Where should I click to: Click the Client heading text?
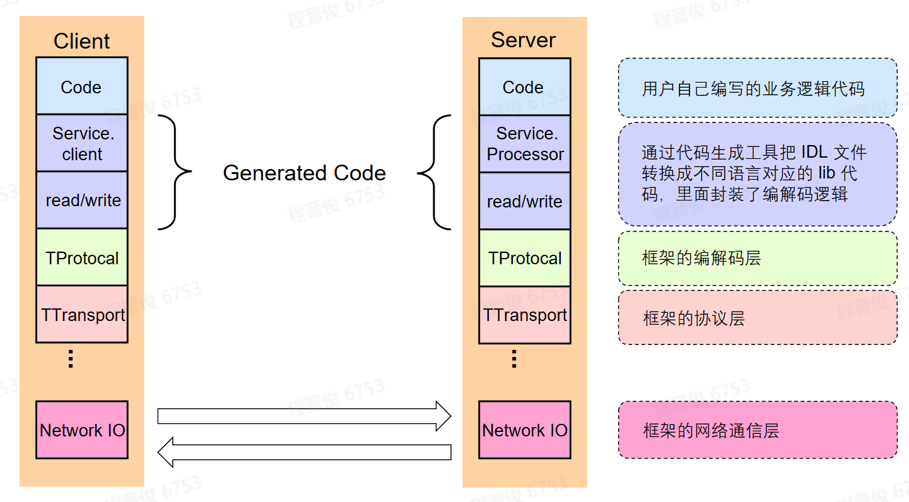click(81, 41)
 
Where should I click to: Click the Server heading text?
click(524, 40)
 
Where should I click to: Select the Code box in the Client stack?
click(81, 86)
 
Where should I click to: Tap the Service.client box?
click(81, 143)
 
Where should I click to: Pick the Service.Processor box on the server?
click(525, 144)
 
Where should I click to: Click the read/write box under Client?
click(81, 200)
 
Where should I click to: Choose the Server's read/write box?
click(525, 201)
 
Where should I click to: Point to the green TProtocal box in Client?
click(81, 257)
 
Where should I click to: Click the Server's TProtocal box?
click(525, 258)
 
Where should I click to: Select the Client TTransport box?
click(81, 314)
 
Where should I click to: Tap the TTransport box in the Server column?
click(525, 315)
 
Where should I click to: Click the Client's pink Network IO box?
click(81, 430)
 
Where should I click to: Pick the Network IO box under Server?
click(525, 430)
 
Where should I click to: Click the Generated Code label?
click(304, 173)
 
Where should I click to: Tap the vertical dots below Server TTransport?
click(513, 359)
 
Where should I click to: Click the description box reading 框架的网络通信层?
click(757, 430)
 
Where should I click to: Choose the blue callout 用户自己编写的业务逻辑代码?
click(757, 88)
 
